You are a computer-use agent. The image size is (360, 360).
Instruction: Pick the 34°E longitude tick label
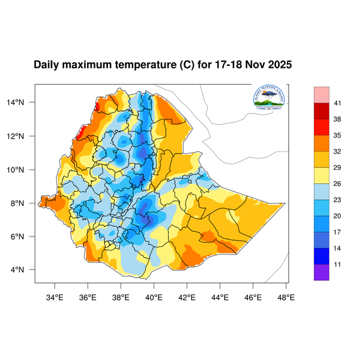55,296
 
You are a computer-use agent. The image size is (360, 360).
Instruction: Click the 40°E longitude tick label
154,296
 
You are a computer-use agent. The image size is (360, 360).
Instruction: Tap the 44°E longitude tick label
220,296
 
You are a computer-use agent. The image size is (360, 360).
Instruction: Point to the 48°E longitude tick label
286,296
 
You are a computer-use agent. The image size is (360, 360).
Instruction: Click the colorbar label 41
338,103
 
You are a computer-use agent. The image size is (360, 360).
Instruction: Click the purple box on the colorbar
322,272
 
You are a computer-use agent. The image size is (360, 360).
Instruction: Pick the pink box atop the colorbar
322,94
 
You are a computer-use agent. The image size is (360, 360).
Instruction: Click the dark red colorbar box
322,111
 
